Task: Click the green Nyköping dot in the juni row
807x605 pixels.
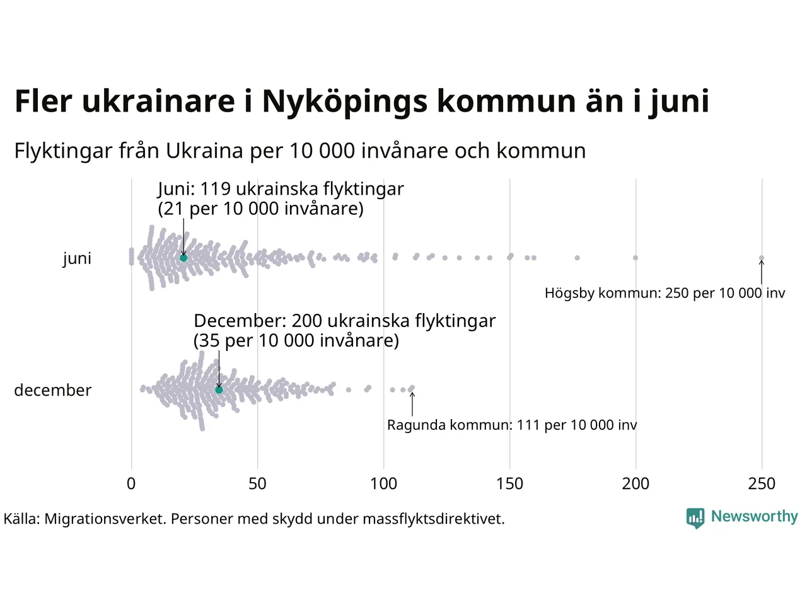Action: coord(183,258)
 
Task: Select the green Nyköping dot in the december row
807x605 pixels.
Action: coord(219,390)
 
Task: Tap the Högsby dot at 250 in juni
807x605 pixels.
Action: coord(762,258)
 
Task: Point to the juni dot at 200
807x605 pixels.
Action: coord(636,258)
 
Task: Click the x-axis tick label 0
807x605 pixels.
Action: coord(131,484)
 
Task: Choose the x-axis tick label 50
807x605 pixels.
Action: coord(257,484)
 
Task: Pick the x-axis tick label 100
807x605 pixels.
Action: coord(383,484)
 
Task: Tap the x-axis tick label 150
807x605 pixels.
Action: coord(509,484)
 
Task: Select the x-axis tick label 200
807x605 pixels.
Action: coord(636,484)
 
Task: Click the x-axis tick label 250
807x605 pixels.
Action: coord(762,484)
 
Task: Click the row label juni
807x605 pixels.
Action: coord(77,258)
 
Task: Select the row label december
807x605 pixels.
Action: coord(53,390)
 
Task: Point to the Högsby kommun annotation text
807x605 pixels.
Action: coord(665,293)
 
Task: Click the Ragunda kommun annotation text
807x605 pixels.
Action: coord(512,425)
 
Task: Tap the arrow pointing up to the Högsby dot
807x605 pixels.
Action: coord(762,272)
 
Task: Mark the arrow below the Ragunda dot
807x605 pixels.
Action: coord(412,404)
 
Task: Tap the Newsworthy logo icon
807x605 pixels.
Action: coord(695,518)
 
